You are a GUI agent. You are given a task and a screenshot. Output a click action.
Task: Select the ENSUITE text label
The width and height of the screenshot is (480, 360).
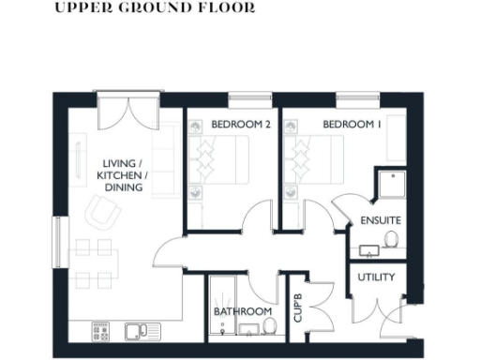pos(380,220)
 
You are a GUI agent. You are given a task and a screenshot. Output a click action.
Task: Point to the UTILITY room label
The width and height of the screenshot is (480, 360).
pos(376,277)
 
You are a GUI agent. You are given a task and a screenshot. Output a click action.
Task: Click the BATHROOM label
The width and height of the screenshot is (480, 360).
pos(242,311)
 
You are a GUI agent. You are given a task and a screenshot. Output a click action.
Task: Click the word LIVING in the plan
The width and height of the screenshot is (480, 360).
pos(118,162)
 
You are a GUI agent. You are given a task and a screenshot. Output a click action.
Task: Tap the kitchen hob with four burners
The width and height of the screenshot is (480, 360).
pos(101,330)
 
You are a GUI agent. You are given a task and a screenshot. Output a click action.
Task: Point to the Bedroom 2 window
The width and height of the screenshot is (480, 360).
pos(244,96)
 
